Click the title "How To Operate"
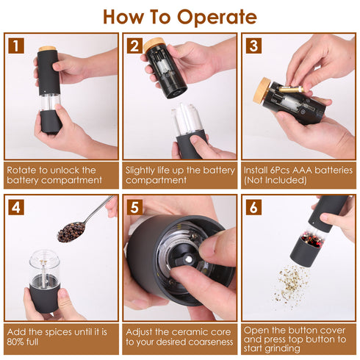click(180, 16)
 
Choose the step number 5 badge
click(134, 206)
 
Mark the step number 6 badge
click(254, 206)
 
